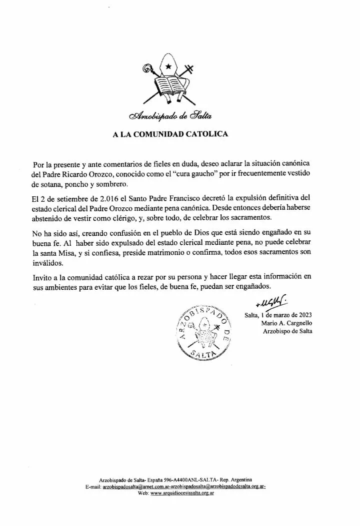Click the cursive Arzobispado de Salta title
point(170,116)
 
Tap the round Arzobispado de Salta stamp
point(202,332)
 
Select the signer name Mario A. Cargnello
point(286,323)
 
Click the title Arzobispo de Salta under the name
point(287,332)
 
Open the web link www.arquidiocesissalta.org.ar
point(182,493)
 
